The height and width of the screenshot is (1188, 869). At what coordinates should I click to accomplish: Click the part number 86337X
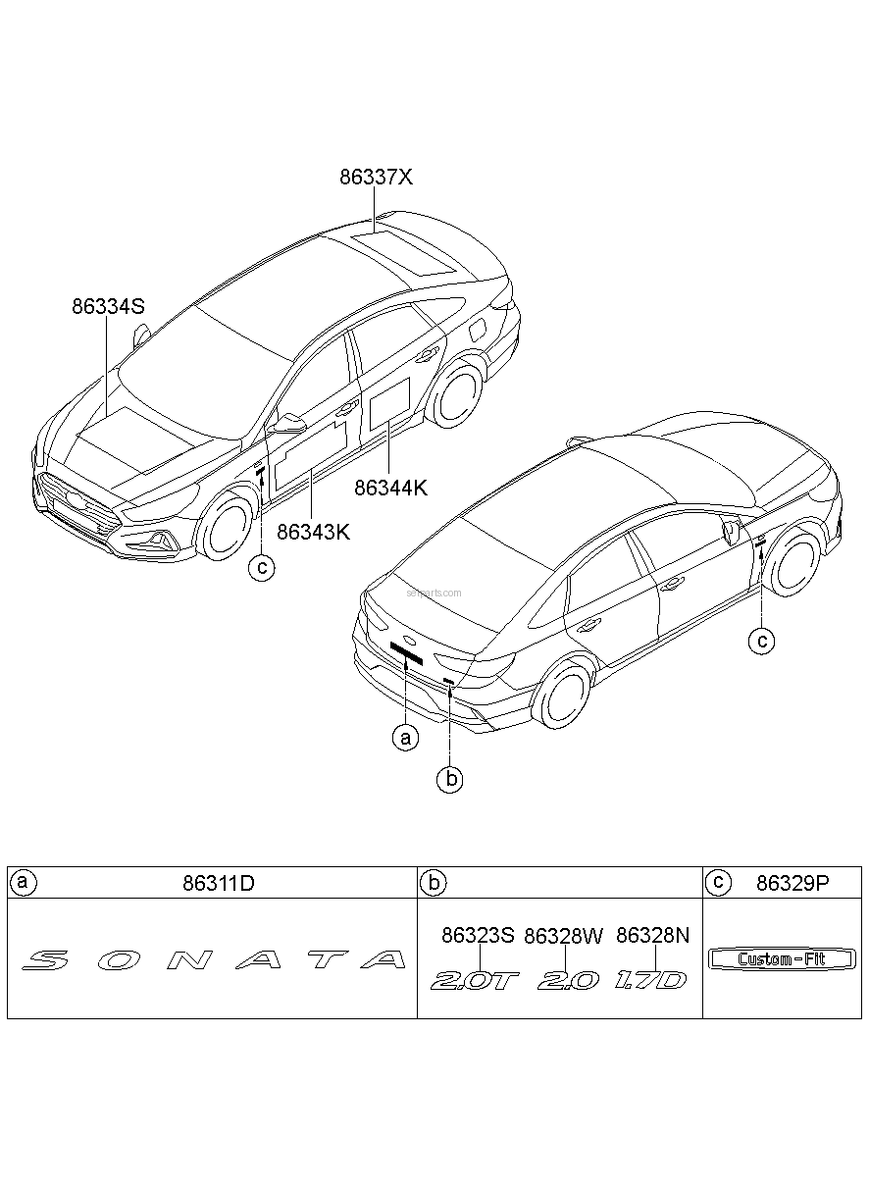[376, 178]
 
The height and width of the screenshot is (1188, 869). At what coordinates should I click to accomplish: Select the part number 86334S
[108, 306]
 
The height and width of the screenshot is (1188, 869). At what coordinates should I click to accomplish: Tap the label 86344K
[390, 488]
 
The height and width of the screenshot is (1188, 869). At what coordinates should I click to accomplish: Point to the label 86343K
[313, 532]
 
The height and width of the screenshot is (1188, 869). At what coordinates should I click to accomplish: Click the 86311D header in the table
[219, 883]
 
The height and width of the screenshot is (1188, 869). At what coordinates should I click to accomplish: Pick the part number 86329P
[792, 883]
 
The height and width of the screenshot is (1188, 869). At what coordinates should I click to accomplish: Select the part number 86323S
[479, 935]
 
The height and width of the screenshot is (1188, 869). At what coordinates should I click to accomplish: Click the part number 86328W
[564, 936]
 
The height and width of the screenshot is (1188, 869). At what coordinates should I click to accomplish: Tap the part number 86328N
[652, 935]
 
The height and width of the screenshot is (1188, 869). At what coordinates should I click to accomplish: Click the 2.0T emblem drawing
[474, 981]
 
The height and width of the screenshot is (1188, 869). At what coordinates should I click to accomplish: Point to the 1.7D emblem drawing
[650, 980]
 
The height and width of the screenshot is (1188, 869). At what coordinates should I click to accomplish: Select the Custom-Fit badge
[782, 958]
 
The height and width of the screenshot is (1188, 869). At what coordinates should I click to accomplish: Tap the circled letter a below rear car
[406, 738]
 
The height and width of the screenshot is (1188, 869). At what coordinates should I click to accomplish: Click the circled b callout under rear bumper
[449, 780]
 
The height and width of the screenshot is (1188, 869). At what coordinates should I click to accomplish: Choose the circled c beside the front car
[262, 568]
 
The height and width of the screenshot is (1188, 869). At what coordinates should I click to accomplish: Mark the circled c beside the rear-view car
[761, 642]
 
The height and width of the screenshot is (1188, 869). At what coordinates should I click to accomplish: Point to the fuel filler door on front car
[479, 329]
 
